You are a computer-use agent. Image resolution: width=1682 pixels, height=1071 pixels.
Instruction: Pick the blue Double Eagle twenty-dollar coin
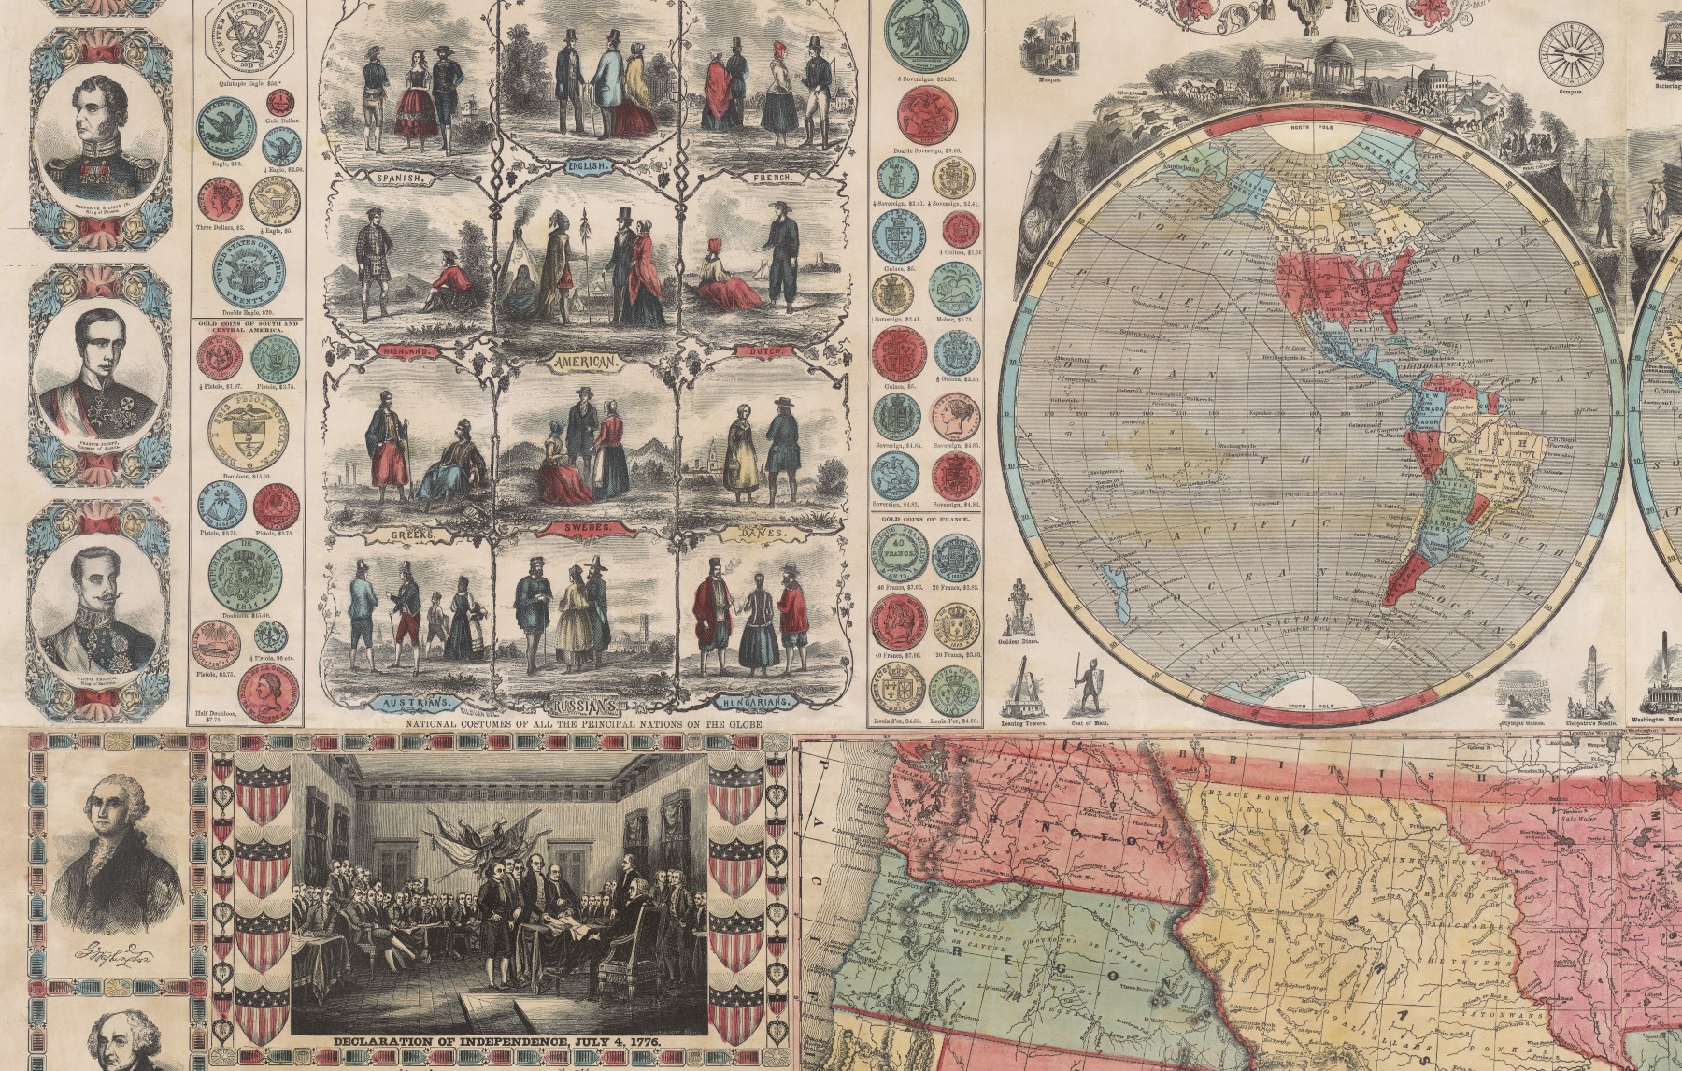pos(249,274)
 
